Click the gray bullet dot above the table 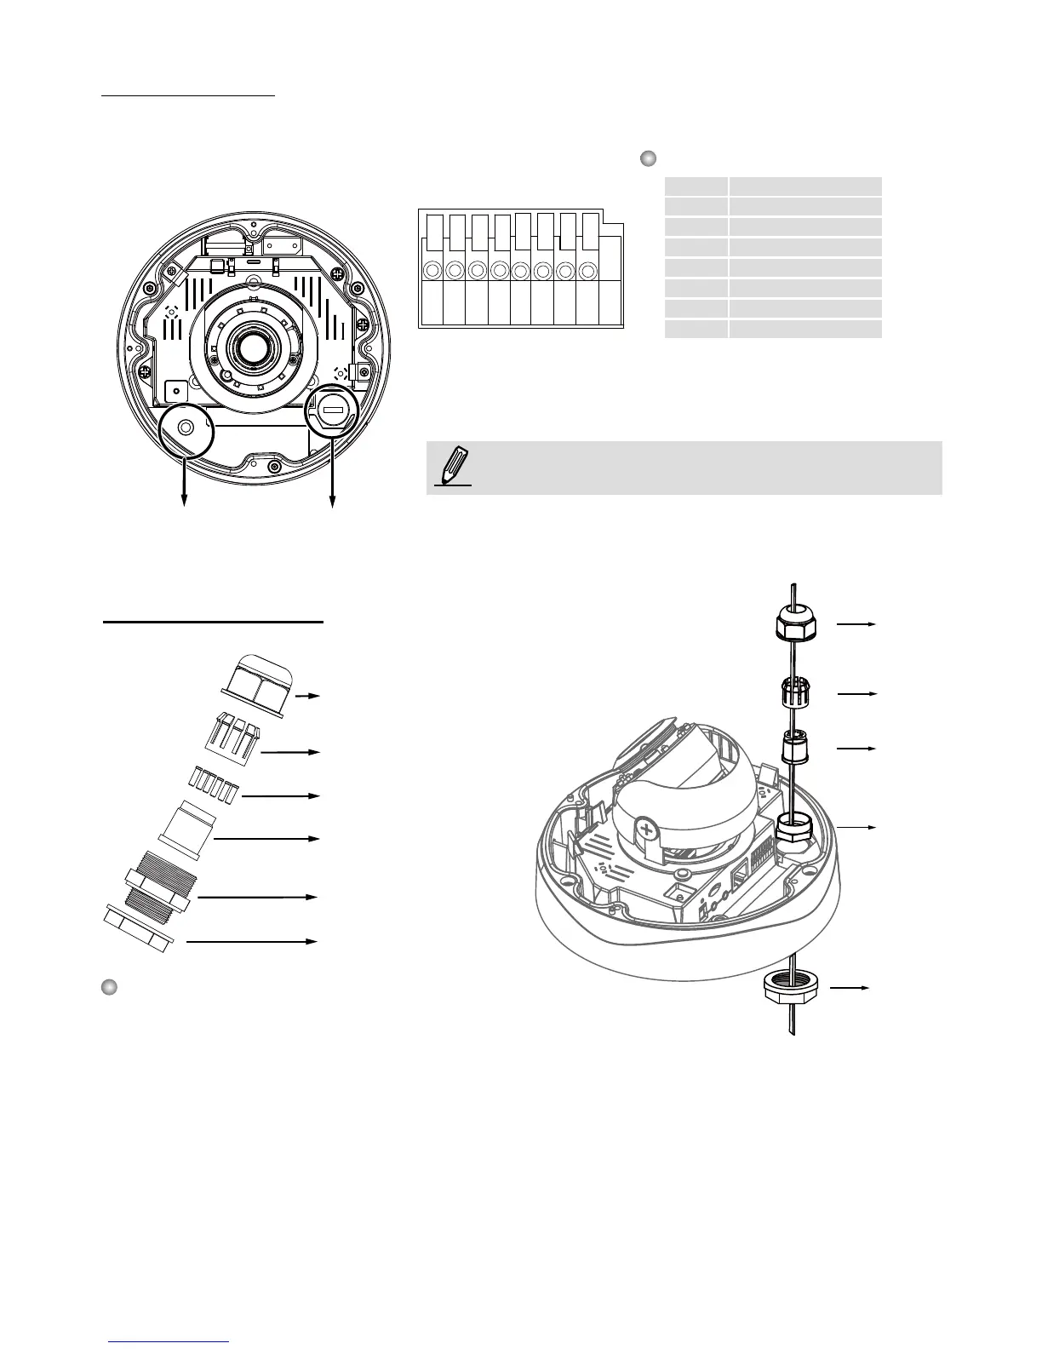[x=648, y=158]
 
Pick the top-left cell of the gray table [x=696, y=187]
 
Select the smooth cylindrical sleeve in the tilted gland [x=188, y=825]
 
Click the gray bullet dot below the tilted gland [x=108, y=987]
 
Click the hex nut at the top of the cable [x=797, y=626]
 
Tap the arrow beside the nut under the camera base [x=850, y=988]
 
